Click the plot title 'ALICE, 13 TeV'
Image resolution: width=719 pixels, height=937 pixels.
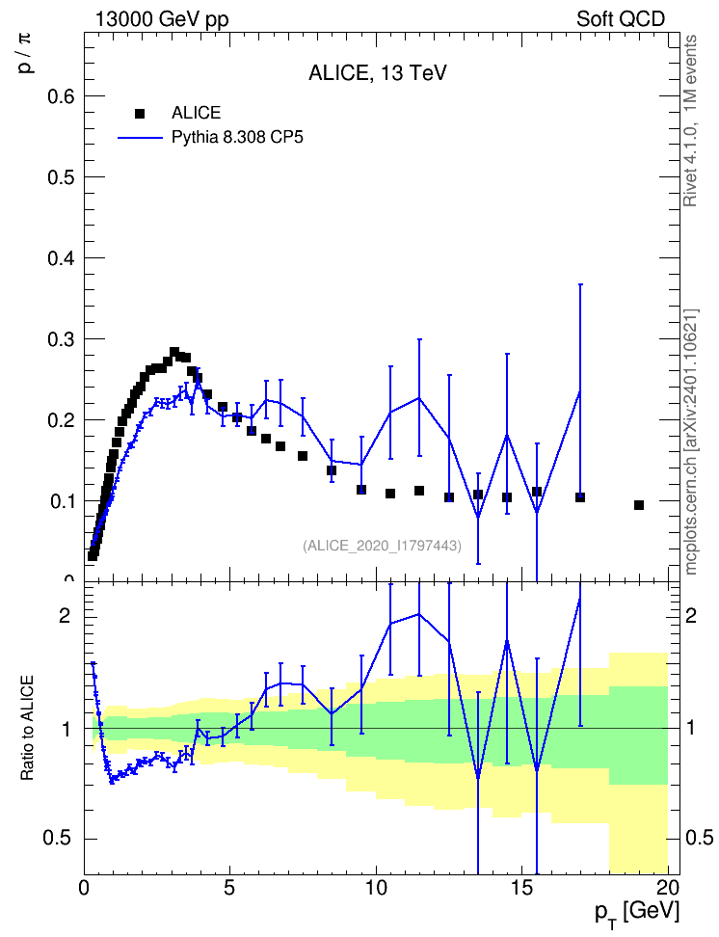(x=377, y=73)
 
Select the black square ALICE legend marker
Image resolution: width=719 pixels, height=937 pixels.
(x=140, y=113)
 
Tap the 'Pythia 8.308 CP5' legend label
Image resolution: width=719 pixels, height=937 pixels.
(x=237, y=138)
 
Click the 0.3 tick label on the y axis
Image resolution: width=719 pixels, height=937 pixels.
(x=62, y=338)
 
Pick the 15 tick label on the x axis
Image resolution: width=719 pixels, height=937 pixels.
(x=522, y=887)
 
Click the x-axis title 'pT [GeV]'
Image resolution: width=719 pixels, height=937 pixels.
(x=637, y=914)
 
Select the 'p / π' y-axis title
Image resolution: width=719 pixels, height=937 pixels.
(x=25, y=53)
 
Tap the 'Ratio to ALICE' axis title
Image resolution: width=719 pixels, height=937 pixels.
(x=27, y=728)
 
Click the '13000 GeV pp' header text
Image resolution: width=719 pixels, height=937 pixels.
(x=162, y=19)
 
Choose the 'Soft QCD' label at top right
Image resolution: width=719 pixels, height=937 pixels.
(x=621, y=19)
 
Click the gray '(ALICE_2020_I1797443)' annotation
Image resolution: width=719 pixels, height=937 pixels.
(x=382, y=546)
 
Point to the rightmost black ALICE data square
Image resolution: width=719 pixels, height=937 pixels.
(x=639, y=505)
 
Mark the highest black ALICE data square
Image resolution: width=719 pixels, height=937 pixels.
(x=174, y=352)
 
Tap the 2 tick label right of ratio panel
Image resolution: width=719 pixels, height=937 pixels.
(x=691, y=616)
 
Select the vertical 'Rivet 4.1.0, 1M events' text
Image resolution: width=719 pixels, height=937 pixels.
(x=690, y=121)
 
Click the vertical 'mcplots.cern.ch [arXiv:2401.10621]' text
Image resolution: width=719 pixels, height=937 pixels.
(x=691, y=442)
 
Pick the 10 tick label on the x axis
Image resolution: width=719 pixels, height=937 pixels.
(x=377, y=887)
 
